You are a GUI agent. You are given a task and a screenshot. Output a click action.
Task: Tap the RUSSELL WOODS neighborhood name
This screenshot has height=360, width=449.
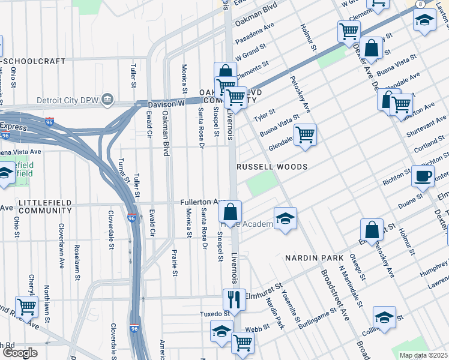[x=272, y=166]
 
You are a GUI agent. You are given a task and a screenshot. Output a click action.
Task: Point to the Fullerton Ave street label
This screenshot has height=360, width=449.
[x=202, y=203]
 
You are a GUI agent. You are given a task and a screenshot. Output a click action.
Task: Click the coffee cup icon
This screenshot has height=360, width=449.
[x=422, y=176]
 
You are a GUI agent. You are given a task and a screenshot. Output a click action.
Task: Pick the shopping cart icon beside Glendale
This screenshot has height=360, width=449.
[x=306, y=135]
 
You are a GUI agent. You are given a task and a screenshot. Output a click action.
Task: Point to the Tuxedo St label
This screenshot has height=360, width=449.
[x=215, y=314]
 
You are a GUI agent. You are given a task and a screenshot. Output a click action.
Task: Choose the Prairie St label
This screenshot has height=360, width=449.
[x=175, y=263]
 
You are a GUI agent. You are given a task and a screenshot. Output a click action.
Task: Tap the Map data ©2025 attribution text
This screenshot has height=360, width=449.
[x=423, y=355]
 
